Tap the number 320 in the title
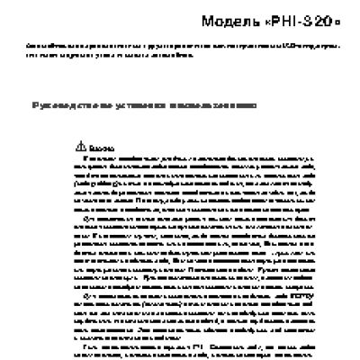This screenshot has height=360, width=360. (x=310, y=19)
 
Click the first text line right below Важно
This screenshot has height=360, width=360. (x=180, y=157)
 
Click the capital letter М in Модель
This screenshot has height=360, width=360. (x=207, y=19)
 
